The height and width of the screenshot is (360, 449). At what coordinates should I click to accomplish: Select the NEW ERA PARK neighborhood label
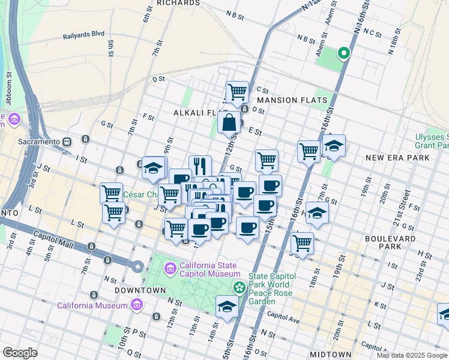[x=397, y=158]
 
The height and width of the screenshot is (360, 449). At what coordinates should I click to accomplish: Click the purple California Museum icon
[x=137, y=305]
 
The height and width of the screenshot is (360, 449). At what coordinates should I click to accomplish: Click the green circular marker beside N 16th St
[x=344, y=54]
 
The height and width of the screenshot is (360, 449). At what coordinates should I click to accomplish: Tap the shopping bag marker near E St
[x=229, y=123]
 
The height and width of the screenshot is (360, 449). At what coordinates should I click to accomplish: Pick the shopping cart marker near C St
[x=237, y=92]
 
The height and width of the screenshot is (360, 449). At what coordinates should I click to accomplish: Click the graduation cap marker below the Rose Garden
[x=227, y=307]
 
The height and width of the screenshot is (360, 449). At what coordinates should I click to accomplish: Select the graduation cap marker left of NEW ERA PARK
[x=334, y=146]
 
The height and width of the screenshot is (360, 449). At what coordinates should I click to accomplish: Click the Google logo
[x=20, y=353]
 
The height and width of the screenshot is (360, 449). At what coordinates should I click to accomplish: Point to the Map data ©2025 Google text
[x=412, y=355]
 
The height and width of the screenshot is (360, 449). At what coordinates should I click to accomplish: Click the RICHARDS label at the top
[x=178, y=3]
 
